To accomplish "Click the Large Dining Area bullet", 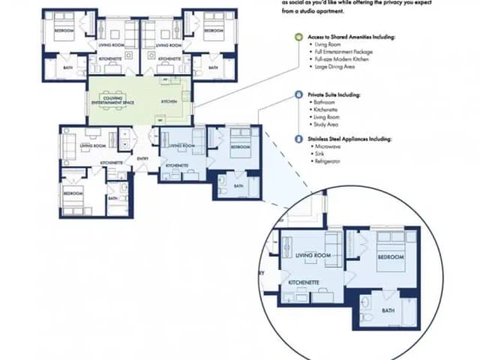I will (x=335, y=67).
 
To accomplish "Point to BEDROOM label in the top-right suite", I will (x=214, y=31).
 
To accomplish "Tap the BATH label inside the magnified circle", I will (x=388, y=310).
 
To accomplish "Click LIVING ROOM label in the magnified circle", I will (x=313, y=256).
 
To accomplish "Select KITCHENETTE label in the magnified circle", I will (x=305, y=283).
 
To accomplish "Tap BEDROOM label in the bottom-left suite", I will (x=73, y=193).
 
